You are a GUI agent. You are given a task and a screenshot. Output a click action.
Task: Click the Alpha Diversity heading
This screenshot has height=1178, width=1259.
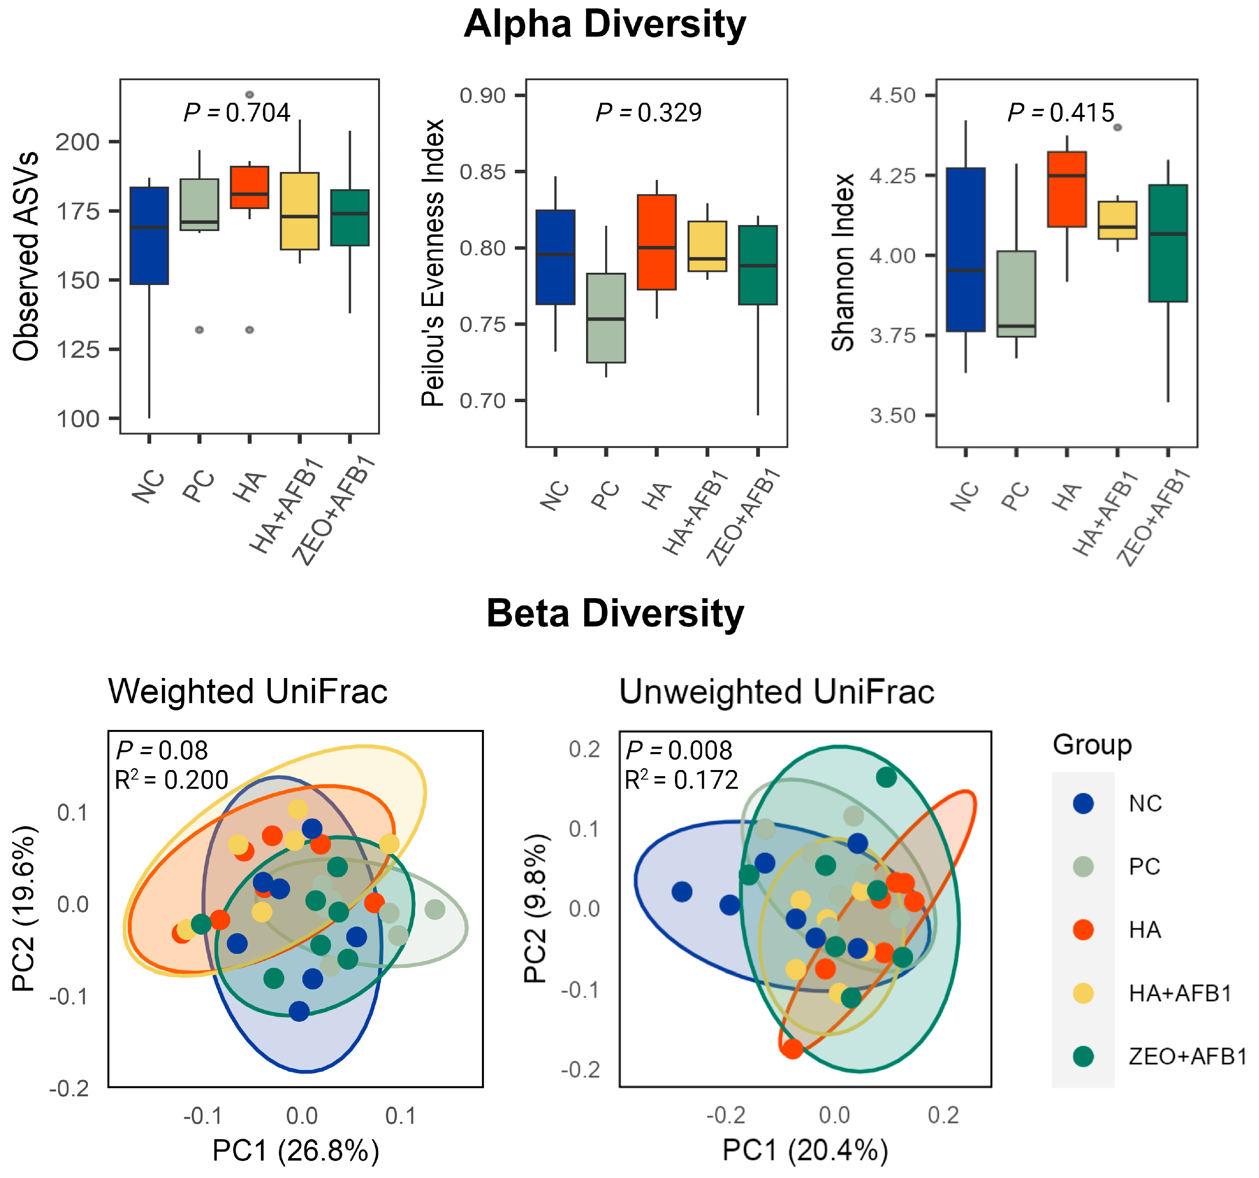click(x=605, y=25)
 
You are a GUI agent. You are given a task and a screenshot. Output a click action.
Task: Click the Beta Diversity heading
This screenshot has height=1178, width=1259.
click(x=615, y=614)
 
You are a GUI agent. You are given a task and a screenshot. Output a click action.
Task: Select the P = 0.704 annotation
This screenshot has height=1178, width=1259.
click(x=237, y=113)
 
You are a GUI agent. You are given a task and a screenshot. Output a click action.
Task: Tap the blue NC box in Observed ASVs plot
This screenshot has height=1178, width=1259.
click(x=149, y=236)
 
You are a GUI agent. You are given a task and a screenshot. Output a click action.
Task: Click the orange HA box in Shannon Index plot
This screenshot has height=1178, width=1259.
click(x=1067, y=189)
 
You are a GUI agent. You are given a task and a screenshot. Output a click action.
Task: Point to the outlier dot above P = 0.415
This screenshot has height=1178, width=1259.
click(x=1117, y=127)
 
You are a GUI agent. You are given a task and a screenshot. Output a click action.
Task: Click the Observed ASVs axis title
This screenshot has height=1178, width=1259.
click(x=27, y=257)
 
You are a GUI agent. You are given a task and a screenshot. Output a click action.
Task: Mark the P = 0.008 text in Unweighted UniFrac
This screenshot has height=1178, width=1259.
click(x=678, y=751)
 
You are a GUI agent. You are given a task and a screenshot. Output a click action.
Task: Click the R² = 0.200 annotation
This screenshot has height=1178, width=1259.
click(x=171, y=780)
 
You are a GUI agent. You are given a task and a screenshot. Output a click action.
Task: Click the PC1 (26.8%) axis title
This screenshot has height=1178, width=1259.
click(x=296, y=1149)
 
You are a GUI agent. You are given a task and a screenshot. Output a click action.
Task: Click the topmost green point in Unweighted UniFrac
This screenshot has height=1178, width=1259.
click(x=886, y=777)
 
